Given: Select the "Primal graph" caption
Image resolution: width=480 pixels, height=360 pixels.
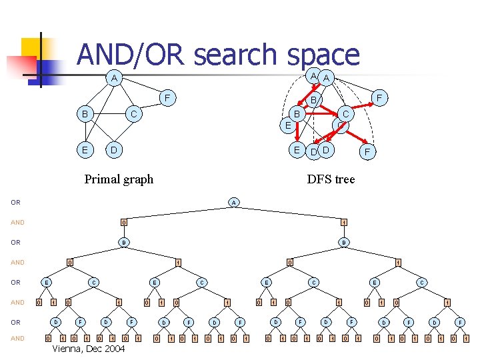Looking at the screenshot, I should click(x=119, y=179).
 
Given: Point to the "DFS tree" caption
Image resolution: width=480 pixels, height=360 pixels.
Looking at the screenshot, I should click(x=331, y=179).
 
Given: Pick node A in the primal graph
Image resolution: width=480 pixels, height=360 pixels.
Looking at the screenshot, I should click(x=114, y=78).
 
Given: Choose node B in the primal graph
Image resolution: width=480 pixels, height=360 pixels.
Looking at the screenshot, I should click(x=85, y=114).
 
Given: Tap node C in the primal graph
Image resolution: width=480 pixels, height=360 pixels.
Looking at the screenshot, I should click(x=133, y=114).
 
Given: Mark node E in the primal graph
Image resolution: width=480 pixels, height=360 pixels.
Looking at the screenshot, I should click(x=85, y=149).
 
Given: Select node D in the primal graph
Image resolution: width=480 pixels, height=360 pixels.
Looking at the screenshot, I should click(x=114, y=149).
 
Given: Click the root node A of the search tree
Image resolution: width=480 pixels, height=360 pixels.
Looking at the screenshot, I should click(x=233, y=202).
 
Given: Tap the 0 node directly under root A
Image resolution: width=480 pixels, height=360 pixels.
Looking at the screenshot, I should click(x=123, y=222).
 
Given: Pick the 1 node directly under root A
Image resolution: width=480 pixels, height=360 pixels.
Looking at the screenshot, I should click(x=343, y=222).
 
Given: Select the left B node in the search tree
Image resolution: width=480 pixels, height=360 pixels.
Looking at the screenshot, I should click(x=123, y=242).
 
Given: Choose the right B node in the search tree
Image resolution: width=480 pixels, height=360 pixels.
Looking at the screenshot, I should click(x=343, y=242).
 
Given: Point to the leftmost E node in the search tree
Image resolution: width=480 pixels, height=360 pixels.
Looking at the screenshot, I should click(x=45, y=282).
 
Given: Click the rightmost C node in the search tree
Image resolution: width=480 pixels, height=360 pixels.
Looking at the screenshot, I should click(x=421, y=282).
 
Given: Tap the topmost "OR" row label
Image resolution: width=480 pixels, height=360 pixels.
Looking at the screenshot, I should click(x=15, y=202).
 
